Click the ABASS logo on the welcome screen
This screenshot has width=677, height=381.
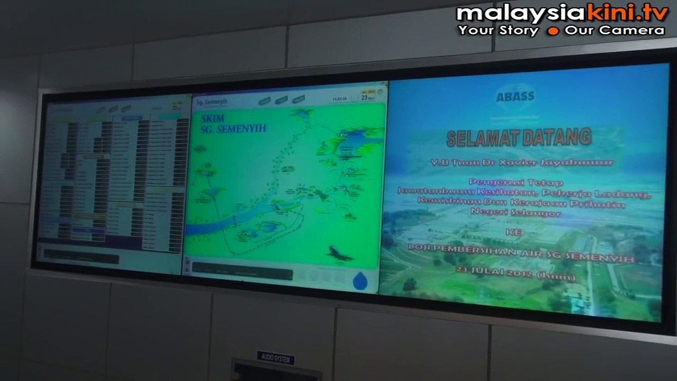point(515,96)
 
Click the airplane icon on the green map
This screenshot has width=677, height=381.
point(339,253)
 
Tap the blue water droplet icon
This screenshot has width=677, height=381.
point(360,280)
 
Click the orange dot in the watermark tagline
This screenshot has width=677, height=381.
point(553,31)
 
